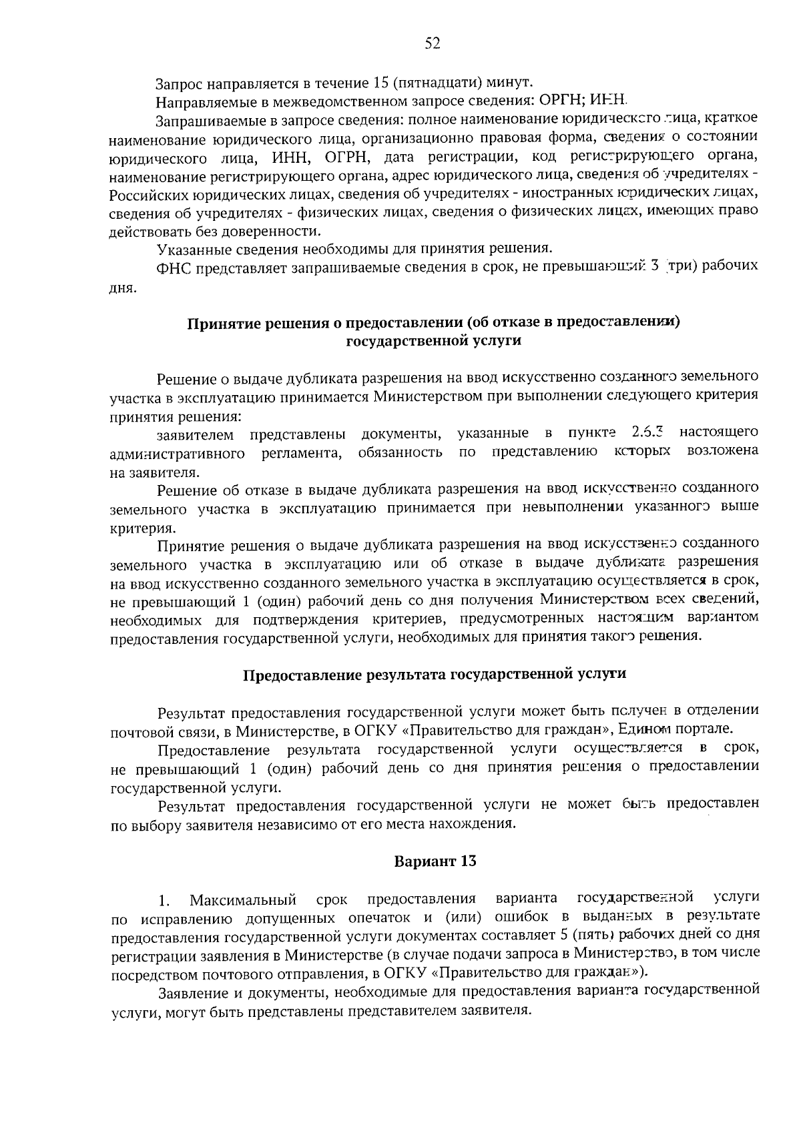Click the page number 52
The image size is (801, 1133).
433,44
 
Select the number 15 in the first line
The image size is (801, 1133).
380,83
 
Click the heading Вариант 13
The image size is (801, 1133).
435,861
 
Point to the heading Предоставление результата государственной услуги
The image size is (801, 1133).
434,674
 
